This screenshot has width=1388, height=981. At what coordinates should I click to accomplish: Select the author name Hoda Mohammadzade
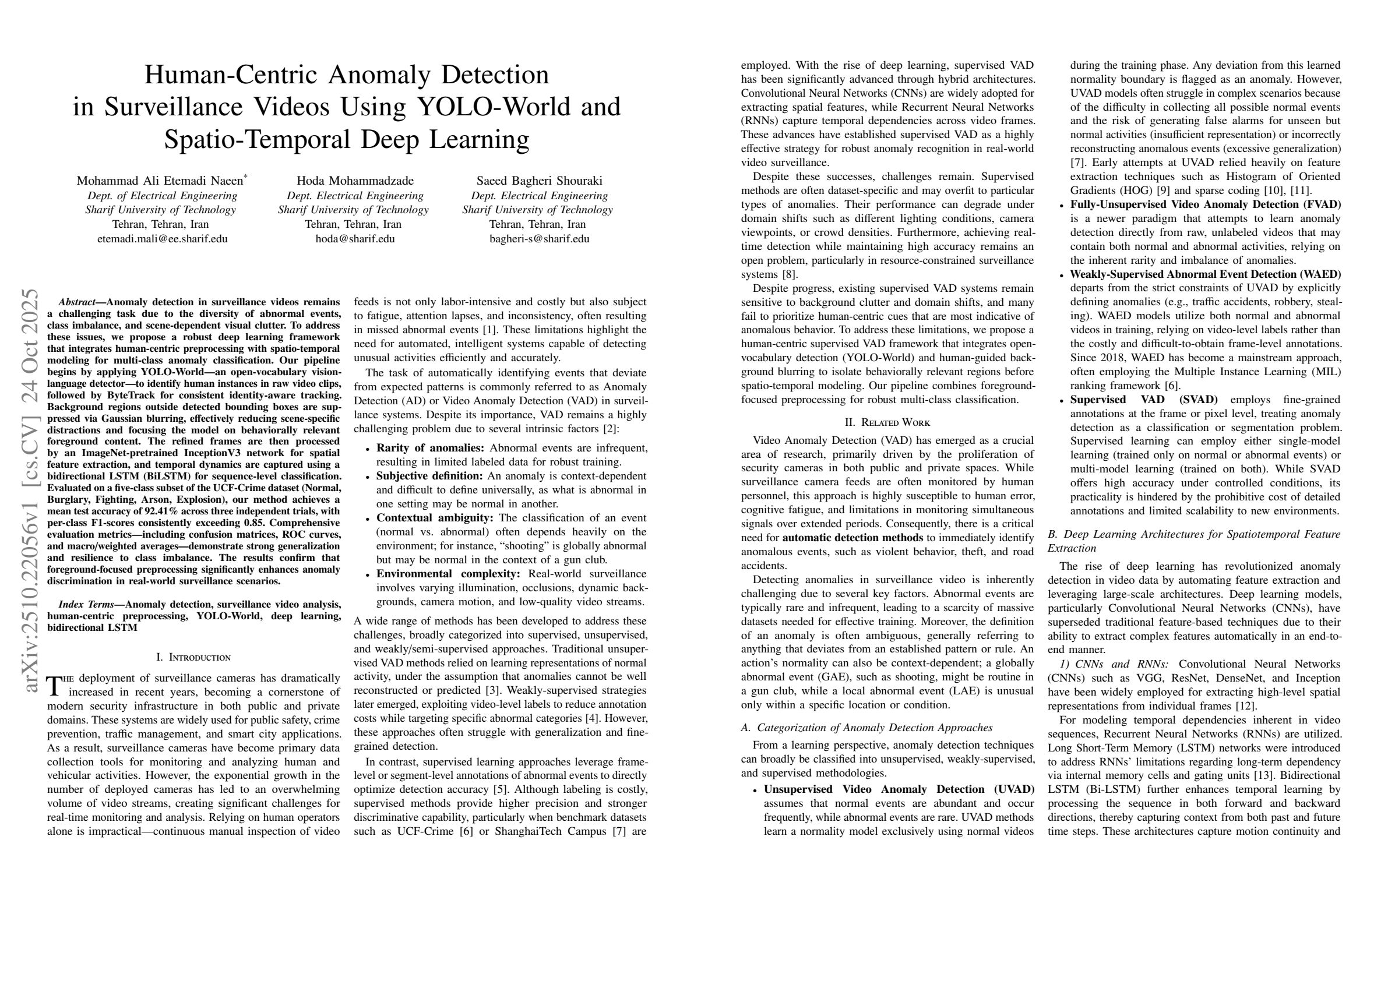355,181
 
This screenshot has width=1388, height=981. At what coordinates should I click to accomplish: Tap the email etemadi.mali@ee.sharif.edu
162,238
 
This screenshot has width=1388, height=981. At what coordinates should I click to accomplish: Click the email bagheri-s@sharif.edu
538,238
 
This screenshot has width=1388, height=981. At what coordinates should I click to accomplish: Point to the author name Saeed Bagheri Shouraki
539,181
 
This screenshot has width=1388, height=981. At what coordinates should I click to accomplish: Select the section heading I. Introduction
193,657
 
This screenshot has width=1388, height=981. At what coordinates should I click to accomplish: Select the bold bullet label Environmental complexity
448,574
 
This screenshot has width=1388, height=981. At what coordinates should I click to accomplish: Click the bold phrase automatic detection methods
852,537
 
